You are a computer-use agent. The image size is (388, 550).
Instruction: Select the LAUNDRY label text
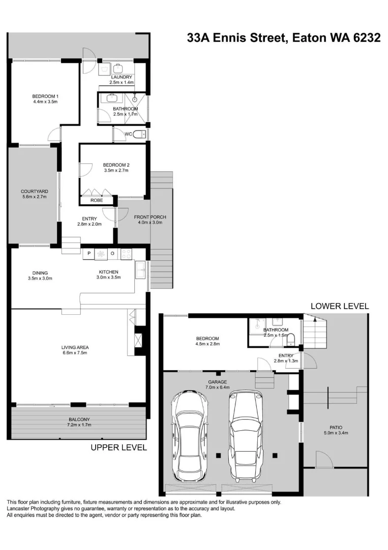click(122, 77)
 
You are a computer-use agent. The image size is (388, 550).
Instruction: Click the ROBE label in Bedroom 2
click(97, 201)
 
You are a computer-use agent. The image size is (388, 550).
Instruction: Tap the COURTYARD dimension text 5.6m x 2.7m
click(35, 197)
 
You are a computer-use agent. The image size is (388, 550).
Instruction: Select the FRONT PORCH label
click(150, 217)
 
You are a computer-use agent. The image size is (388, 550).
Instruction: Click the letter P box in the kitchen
click(88, 253)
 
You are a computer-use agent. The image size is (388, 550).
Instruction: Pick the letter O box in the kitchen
click(113, 253)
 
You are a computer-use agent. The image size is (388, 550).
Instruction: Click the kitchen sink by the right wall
click(140, 269)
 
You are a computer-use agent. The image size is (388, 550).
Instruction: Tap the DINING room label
click(40, 272)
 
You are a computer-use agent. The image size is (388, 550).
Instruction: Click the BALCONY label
click(78, 419)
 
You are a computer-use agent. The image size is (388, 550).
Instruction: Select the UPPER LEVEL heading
click(118, 448)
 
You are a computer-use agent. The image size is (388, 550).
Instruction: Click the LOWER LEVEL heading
click(340, 306)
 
